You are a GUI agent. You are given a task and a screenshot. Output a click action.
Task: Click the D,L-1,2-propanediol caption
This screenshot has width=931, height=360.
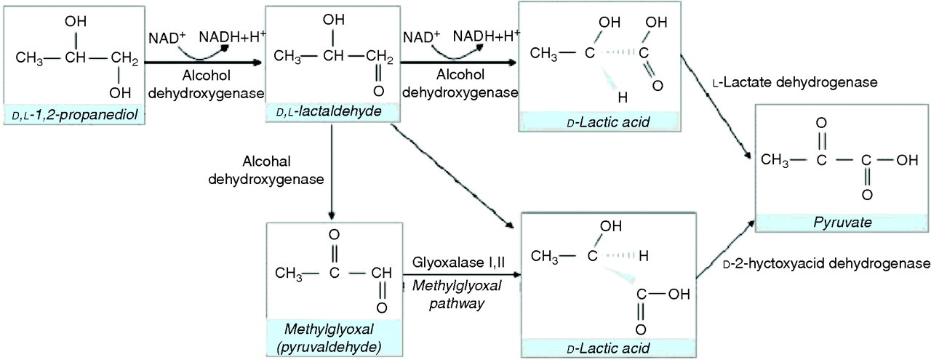click(x=75, y=114)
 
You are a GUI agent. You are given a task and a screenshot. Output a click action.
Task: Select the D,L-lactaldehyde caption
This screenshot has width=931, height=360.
click(x=329, y=111)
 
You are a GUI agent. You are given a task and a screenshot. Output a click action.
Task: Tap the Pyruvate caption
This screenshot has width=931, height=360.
click(x=842, y=223)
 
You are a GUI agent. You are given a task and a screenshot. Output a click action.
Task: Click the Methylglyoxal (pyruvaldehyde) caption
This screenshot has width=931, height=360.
click(x=329, y=338)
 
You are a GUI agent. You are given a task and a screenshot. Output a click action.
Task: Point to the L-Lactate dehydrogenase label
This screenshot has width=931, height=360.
click(x=795, y=82)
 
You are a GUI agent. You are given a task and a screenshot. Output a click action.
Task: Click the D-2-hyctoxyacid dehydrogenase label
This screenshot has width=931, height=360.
click(x=827, y=263)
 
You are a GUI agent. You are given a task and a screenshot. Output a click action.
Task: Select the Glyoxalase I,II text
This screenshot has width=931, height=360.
click(x=458, y=263)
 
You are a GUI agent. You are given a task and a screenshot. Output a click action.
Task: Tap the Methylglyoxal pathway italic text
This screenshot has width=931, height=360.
click(x=457, y=295)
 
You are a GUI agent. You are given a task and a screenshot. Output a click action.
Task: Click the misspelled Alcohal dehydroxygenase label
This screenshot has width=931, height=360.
click(x=266, y=170)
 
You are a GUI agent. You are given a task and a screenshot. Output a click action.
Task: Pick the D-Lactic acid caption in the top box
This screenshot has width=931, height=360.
click(x=608, y=123)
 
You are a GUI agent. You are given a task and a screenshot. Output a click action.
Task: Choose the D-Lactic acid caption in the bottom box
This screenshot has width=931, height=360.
click(x=608, y=348)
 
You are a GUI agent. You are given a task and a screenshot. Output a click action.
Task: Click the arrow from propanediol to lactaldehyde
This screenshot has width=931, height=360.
click(x=203, y=63)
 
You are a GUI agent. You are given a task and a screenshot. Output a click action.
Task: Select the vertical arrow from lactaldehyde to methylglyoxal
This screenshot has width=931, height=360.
click(x=331, y=172)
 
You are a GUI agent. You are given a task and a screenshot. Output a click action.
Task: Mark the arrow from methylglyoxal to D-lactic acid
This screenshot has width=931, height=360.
click(x=462, y=274)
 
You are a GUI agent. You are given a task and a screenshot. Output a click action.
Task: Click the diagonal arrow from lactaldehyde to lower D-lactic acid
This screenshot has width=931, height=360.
click(x=452, y=177)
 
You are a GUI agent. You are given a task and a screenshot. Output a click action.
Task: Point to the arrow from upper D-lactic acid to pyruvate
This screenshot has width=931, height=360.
click(x=715, y=106)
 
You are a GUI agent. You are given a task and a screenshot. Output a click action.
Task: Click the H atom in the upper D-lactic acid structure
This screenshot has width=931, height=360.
click(x=622, y=97)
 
